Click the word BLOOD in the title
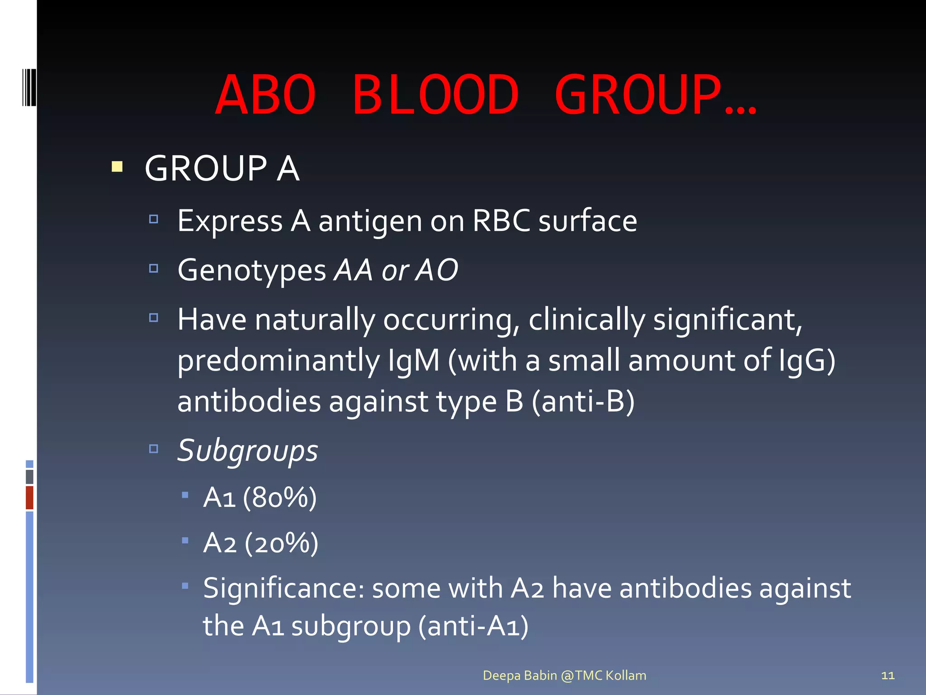(x=435, y=95)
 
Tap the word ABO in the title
(x=265, y=95)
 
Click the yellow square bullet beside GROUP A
(x=117, y=167)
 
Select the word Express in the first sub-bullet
(x=230, y=222)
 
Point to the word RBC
(x=501, y=221)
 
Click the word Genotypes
(x=251, y=271)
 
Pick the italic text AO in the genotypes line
(x=437, y=270)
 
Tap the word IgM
(x=413, y=361)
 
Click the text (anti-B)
(x=583, y=401)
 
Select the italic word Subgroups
(x=247, y=451)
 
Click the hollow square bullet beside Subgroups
(x=154, y=448)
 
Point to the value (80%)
(x=279, y=498)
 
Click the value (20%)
(x=281, y=543)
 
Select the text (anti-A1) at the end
(x=473, y=626)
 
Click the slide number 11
(x=888, y=676)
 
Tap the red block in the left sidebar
(x=29, y=497)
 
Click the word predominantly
(x=279, y=361)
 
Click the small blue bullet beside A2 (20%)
(x=185, y=540)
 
